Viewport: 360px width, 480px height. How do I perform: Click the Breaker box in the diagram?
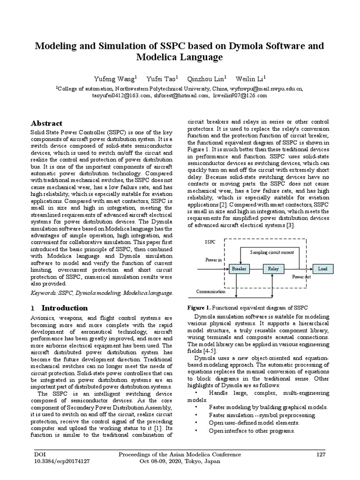(x=239, y=269)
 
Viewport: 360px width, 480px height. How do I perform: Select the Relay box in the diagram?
(x=273, y=269)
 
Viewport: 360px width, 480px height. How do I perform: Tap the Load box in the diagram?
(x=322, y=269)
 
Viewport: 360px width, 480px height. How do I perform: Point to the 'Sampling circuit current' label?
(x=272, y=252)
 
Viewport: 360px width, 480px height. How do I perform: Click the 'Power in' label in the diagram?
(x=213, y=259)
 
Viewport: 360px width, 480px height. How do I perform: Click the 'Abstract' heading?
(x=46, y=123)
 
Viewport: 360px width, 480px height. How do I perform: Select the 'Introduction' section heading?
(x=64, y=308)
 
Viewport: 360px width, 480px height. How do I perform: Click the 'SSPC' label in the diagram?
(x=210, y=242)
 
